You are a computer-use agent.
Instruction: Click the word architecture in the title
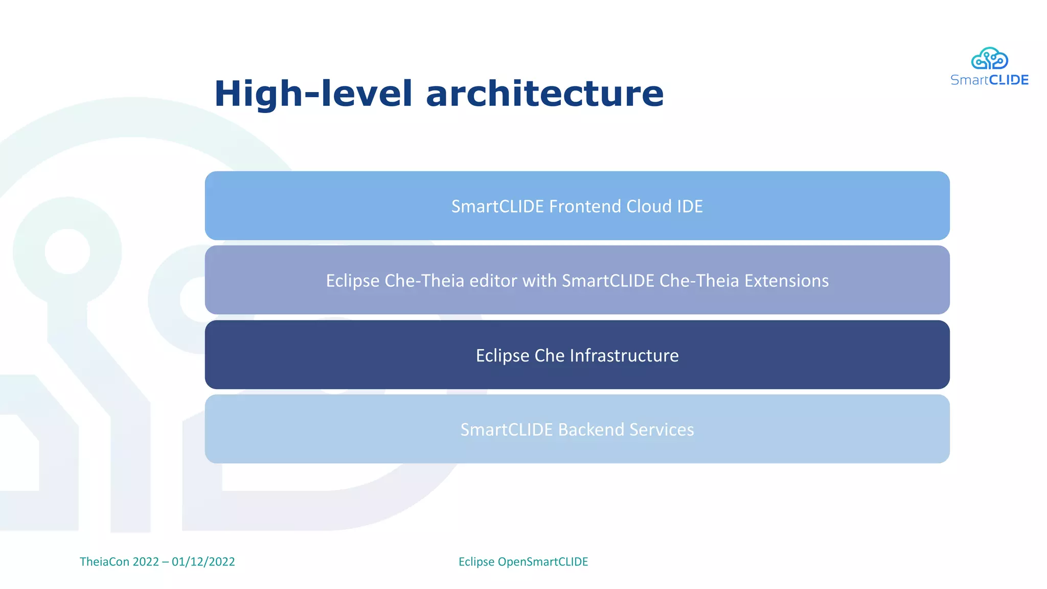[x=544, y=94]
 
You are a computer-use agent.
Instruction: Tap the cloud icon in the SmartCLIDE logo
[x=989, y=59]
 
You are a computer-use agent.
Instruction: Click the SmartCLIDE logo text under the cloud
[x=989, y=80]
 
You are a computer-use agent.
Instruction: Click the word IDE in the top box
[x=690, y=207]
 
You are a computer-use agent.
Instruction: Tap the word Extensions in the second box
[x=786, y=281]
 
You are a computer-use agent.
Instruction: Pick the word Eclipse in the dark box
[x=503, y=356]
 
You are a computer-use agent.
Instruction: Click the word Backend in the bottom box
[x=591, y=429]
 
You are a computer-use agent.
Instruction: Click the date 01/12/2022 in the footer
[x=203, y=561]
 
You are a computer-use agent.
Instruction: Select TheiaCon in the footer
[x=104, y=561]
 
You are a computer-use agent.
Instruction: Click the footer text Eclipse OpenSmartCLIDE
[x=523, y=561]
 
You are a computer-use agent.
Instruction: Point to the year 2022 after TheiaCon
[x=146, y=561]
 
